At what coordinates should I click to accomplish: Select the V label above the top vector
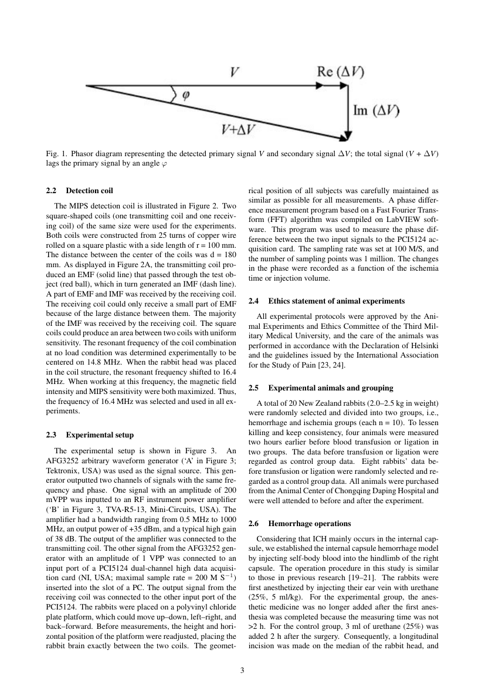click(x=235, y=72)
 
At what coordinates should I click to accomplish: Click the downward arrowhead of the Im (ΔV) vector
click(x=350, y=136)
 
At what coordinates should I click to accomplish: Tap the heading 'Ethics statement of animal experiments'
click(x=327, y=301)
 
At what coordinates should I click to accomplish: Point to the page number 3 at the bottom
click(x=242, y=668)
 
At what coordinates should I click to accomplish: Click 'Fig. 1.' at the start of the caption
click(x=56, y=154)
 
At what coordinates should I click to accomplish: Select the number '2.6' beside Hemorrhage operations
click(x=255, y=523)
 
